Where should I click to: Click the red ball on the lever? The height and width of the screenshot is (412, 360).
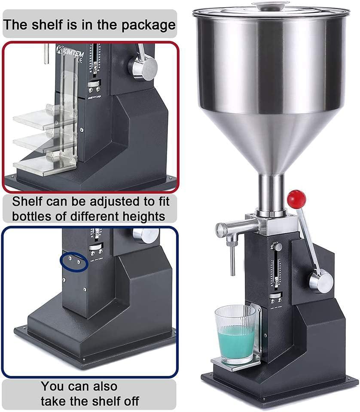tap(296, 198)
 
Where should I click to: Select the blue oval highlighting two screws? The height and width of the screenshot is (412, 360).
tap(74, 261)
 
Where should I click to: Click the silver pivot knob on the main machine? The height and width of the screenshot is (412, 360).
tap(320, 282)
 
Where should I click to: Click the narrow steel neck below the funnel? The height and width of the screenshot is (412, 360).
tap(271, 193)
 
